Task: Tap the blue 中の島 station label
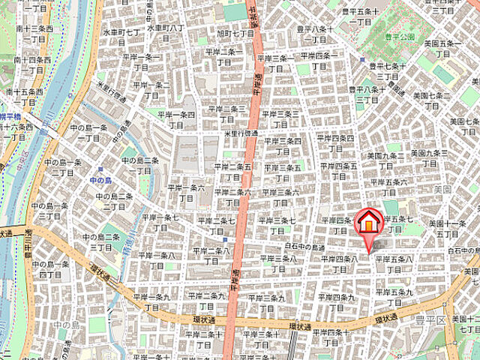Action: [100, 180]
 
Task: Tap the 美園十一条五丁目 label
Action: [448, 229]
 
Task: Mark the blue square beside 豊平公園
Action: [361, 58]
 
